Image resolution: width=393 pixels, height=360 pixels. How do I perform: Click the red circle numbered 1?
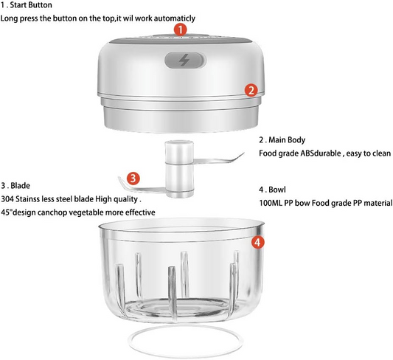tap(181, 30)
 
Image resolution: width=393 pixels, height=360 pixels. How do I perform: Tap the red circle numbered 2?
tap(251, 90)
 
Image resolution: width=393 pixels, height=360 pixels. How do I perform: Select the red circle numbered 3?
tap(133, 179)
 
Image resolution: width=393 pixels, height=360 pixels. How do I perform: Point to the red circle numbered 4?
tap(258, 243)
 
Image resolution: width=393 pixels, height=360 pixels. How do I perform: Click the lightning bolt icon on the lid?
tap(184, 60)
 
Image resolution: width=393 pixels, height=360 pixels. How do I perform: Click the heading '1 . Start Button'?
tap(27, 5)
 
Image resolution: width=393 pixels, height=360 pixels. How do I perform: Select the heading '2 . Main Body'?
tap(282, 139)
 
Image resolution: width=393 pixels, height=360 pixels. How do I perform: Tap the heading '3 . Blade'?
tap(15, 186)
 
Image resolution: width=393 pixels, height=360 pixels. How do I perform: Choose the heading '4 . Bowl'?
tap(272, 190)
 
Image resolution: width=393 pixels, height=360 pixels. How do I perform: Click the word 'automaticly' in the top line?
tap(175, 18)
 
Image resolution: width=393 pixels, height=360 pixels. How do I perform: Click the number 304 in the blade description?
tap(7, 199)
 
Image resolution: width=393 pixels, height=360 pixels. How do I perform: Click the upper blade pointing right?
tap(218, 159)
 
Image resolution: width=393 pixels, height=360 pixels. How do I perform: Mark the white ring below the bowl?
tap(185, 327)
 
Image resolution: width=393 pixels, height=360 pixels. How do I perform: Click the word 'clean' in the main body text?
tap(380, 153)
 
